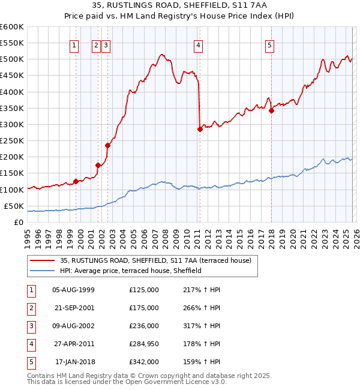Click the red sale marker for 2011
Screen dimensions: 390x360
[x=200, y=129]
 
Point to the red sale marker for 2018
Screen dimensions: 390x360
[x=271, y=110]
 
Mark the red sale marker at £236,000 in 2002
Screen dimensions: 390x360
[x=108, y=145]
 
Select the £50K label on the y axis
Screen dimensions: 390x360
[x=14, y=206]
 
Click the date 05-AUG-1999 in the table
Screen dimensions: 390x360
[x=73, y=290]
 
